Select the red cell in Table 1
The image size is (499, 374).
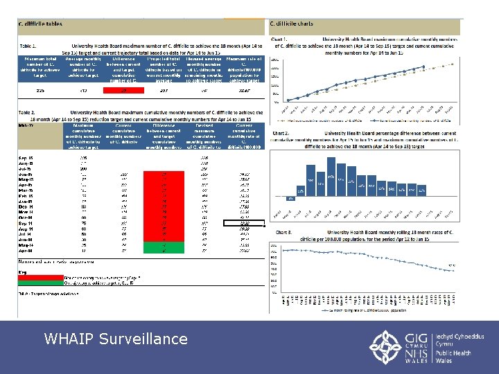[x=125, y=90]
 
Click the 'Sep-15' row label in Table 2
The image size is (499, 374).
[x=26, y=157]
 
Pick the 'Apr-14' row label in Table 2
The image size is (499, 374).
[x=26, y=250]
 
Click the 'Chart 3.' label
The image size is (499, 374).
[x=281, y=233]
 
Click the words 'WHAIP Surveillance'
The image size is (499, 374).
[x=115, y=339]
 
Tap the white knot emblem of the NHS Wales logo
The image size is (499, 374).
[x=385, y=344]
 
